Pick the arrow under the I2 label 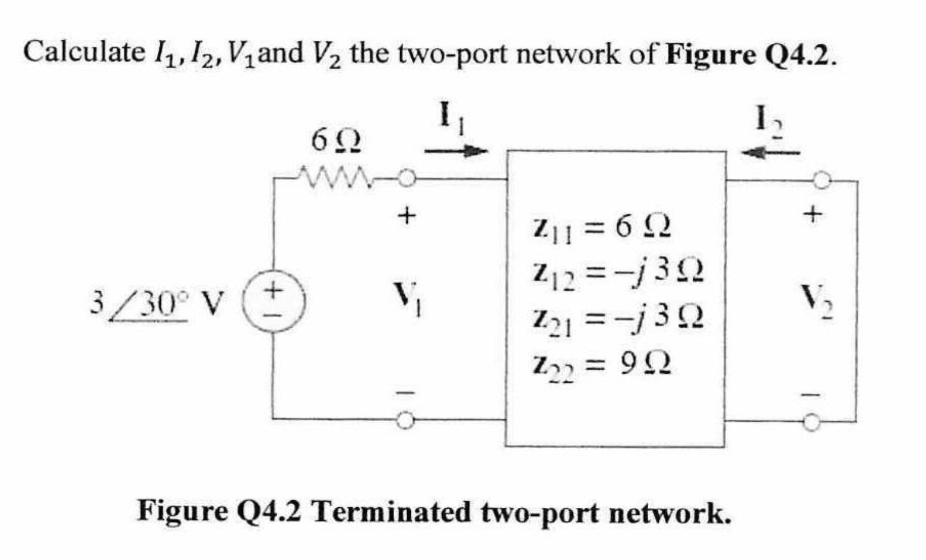tap(770, 152)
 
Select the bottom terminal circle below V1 tap(405, 420)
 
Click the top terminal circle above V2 tap(822, 182)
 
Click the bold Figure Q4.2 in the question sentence tap(750, 55)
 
